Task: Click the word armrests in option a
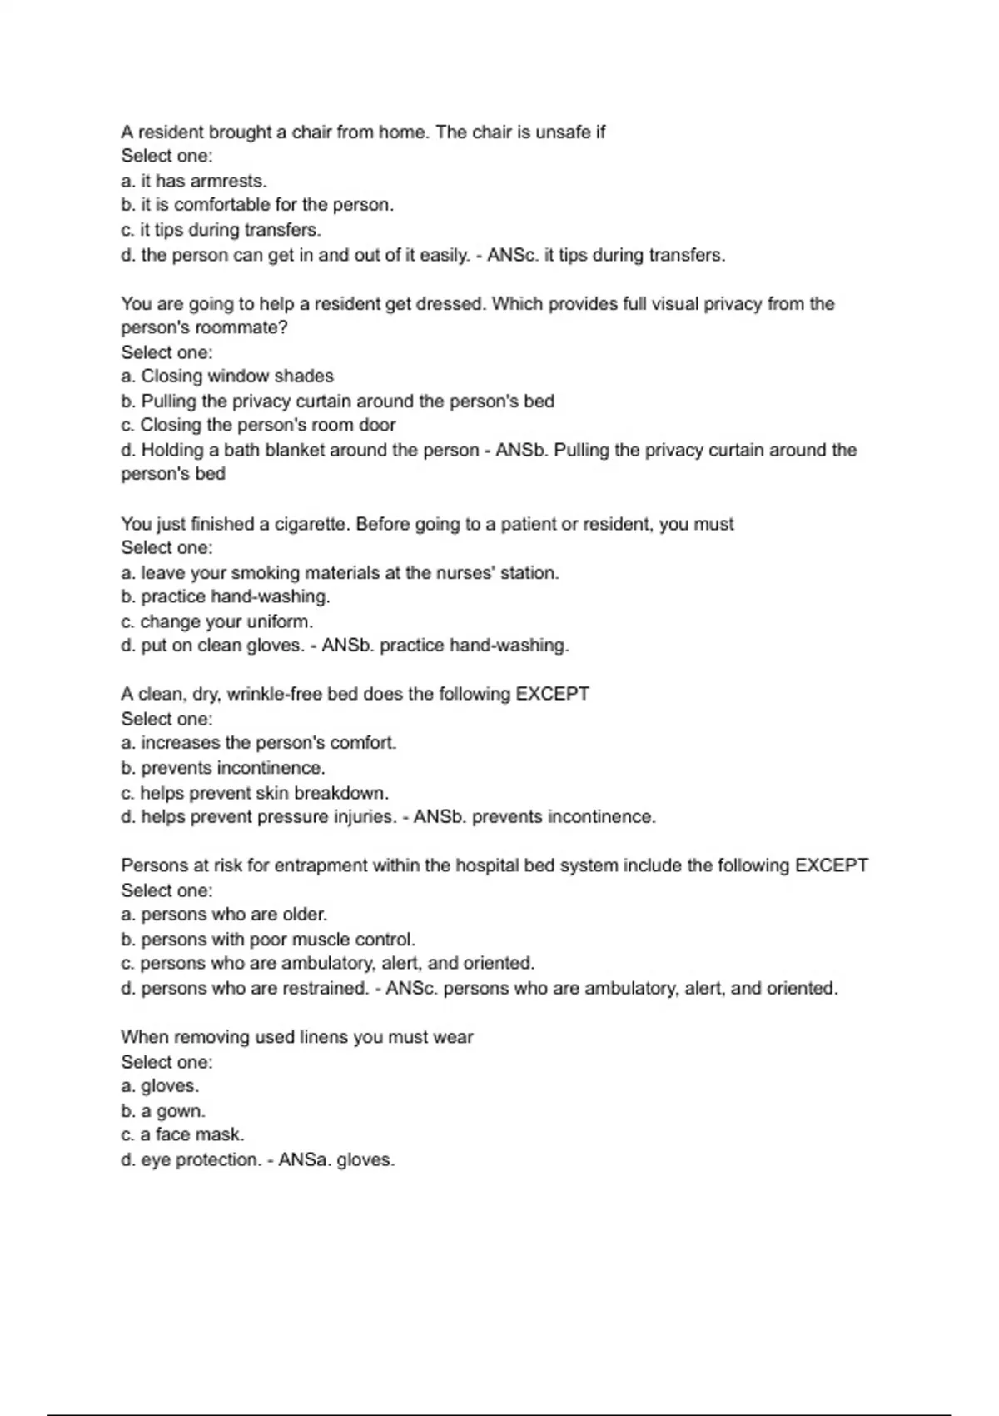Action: coord(227,181)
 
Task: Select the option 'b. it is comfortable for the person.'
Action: coord(257,205)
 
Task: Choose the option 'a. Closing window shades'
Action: coord(227,376)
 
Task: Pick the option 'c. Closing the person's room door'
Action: coord(258,426)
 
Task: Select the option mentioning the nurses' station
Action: coord(340,573)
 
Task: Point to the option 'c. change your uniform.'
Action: coord(217,622)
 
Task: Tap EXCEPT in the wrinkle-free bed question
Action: coord(552,695)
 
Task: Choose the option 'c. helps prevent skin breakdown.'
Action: coord(255,793)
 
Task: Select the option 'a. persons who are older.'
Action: coord(224,915)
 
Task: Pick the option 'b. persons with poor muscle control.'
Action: coord(268,940)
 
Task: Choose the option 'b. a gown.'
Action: coord(163,1111)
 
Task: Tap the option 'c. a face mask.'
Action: coord(182,1135)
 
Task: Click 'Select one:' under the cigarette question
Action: coord(166,548)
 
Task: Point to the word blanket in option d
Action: coord(294,451)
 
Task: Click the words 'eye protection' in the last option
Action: coord(199,1160)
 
